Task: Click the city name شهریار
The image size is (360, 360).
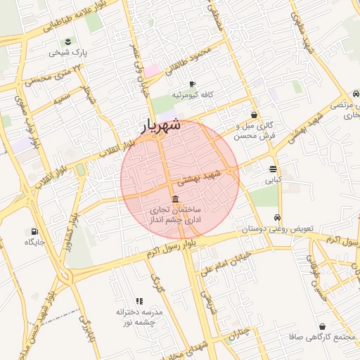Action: point(162,126)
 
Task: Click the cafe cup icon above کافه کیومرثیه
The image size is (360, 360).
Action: point(192,84)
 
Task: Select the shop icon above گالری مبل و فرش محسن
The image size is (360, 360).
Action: point(254,115)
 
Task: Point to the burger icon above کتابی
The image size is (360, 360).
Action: point(273,169)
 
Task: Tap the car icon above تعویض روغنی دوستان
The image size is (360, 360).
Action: point(278,217)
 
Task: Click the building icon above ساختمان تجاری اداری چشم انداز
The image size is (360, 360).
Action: point(174,198)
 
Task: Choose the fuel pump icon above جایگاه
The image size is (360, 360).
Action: point(34,231)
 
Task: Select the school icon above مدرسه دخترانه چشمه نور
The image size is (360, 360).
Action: point(139,301)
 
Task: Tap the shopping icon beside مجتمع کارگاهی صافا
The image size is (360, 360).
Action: point(322,327)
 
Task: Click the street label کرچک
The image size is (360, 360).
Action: point(157,284)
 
